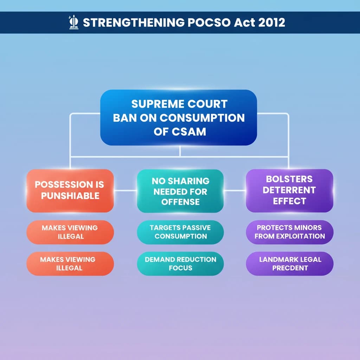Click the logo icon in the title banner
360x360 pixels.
73,22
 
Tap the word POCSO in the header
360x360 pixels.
209,22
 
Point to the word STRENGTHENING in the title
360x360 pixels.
134,22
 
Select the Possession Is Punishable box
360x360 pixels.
70,191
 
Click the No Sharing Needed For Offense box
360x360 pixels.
180,191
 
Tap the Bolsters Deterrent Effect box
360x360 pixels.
290,191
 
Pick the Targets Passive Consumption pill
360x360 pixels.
180,232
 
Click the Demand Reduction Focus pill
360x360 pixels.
180,264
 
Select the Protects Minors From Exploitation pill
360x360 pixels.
290,232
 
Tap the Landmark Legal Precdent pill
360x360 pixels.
290,264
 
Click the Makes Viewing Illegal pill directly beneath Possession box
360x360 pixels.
70,232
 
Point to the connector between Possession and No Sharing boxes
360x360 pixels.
126,190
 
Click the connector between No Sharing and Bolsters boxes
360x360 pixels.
235,190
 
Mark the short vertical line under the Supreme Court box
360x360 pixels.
180,151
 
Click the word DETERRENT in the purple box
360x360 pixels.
289,190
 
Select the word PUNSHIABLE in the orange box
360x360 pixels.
70,196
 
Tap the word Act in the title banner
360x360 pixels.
244,22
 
